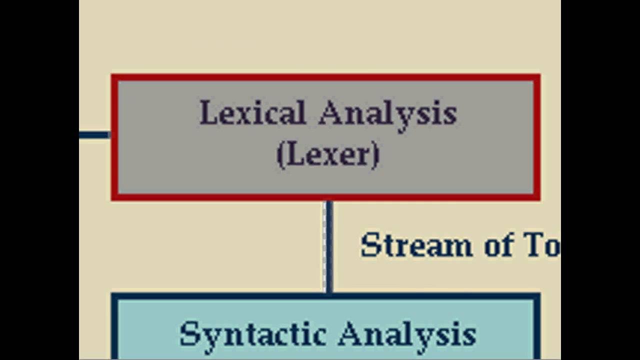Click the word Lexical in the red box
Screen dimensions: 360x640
click(252, 113)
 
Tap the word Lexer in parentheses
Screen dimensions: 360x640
click(327, 155)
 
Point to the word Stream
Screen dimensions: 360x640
click(416, 245)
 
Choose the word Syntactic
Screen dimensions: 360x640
click(253, 334)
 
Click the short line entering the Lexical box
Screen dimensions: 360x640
click(94, 134)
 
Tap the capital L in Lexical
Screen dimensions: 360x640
click(207, 113)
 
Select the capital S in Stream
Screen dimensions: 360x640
click(370, 245)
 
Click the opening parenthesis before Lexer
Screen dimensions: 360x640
click(280, 155)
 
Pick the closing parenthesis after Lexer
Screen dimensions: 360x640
click(375, 155)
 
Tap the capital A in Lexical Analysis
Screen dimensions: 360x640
click(331, 113)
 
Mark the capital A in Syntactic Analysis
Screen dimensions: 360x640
click(351, 333)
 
